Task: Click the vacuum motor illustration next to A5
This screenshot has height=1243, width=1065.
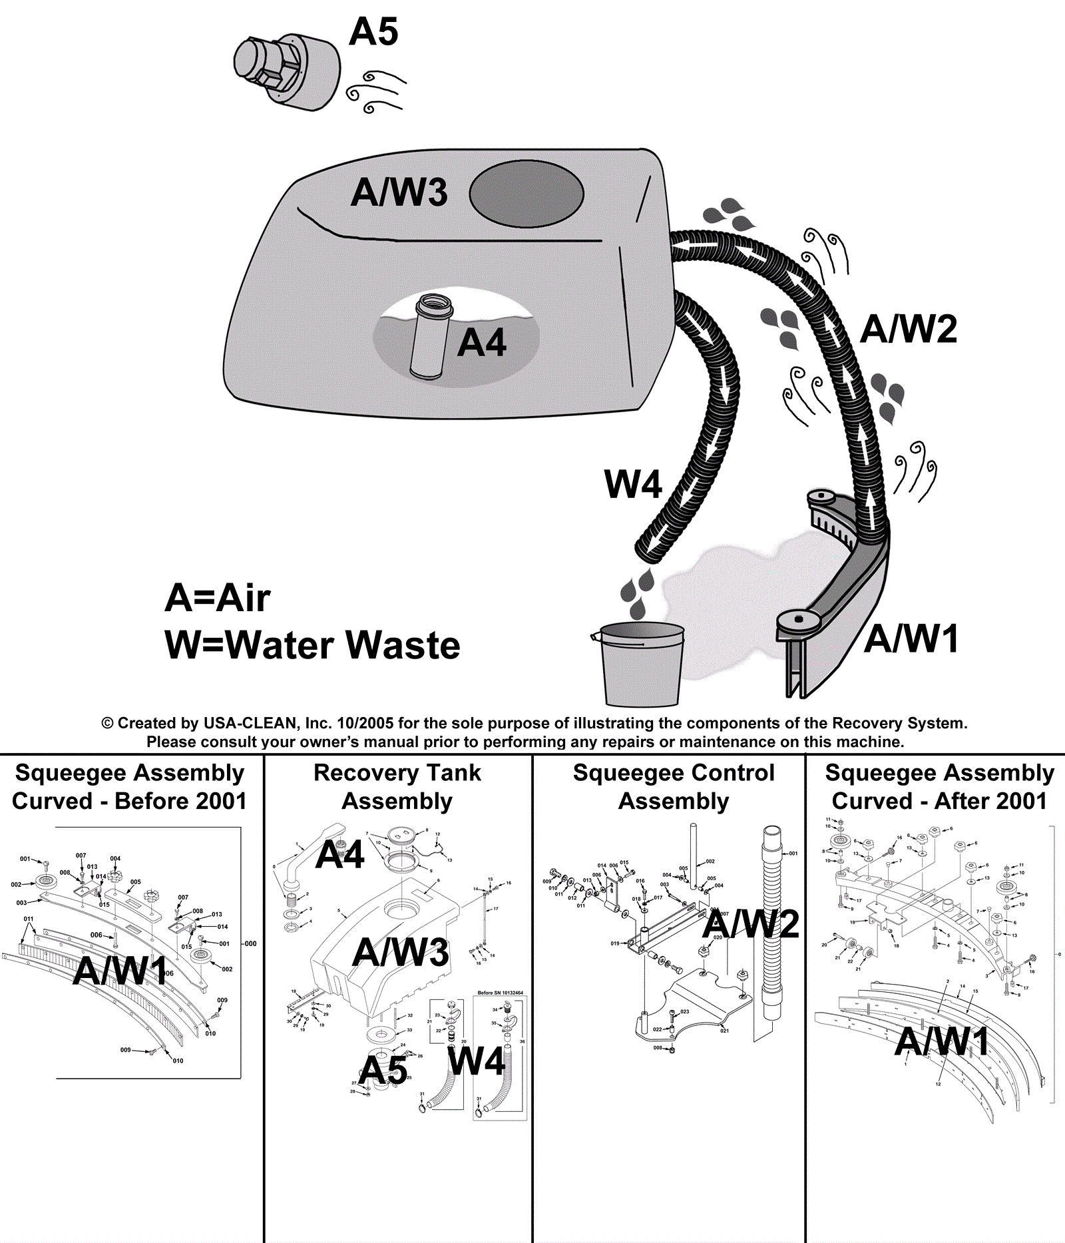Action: pyautogui.click(x=286, y=70)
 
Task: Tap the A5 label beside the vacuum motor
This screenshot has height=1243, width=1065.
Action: pyautogui.click(x=373, y=32)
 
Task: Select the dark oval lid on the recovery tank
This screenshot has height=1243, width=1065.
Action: pyautogui.click(x=526, y=194)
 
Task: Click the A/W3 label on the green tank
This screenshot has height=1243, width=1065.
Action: pyautogui.click(x=399, y=192)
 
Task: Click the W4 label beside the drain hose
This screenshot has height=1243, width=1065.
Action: pyautogui.click(x=632, y=484)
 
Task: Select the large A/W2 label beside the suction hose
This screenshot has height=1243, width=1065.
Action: pyautogui.click(x=909, y=329)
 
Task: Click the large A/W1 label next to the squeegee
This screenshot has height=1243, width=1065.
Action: pyautogui.click(x=911, y=639)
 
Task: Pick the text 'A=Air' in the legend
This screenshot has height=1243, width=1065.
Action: pyautogui.click(x=218, y=598)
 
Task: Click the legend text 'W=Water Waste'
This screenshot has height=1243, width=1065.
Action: pyautogui.click(x=312, y=645)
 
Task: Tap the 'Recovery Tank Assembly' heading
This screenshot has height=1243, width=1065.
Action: pyautogui.click(x=397, y=787)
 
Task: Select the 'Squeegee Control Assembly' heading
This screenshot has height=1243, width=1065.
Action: pyautogui.click(x=674, y=787)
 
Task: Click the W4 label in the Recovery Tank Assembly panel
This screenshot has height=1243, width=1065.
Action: pyautogui.click(x=477, y=1061)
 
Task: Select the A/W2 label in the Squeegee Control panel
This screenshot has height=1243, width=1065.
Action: pyautogui.click(x=750, y=924)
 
